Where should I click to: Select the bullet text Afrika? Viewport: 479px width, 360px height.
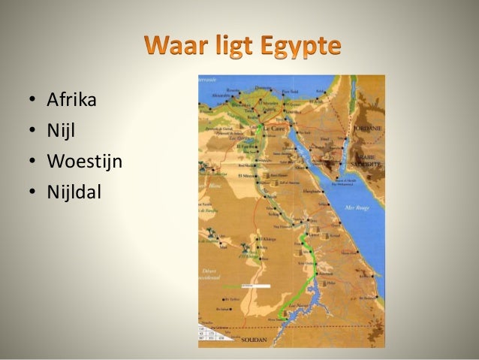click(71, 99)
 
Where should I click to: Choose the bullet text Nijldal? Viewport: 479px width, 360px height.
click(73, 192)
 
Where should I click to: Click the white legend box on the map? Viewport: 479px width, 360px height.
click(255, 286)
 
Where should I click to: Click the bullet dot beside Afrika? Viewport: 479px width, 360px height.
click(32, 100)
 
